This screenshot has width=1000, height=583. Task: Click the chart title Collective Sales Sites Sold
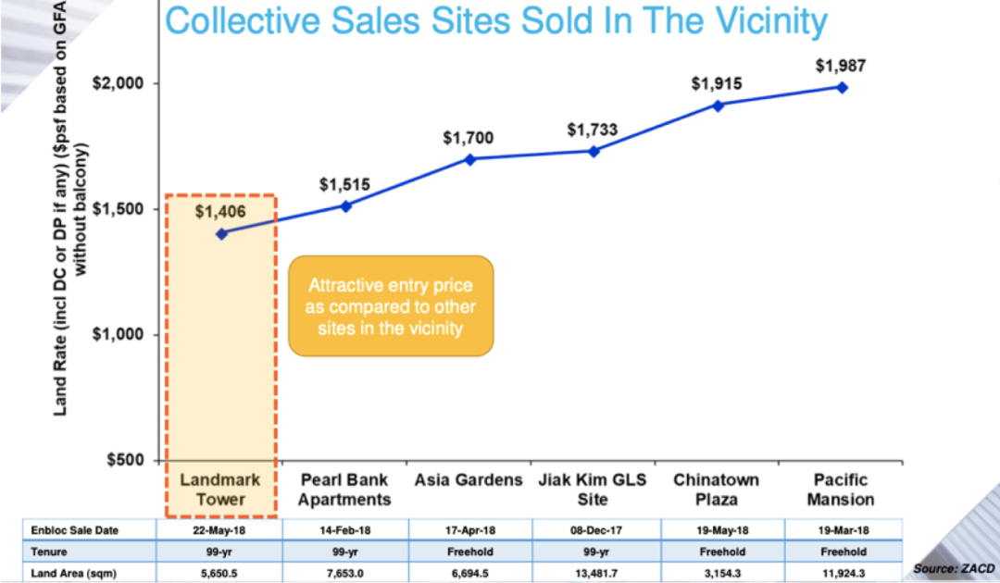[495, 21]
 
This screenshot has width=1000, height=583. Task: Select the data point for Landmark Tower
[221, 234]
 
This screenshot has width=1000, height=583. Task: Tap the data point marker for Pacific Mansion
[842, 87]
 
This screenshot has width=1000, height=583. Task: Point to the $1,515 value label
[344, 184]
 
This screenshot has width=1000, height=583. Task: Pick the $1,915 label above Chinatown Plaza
[717, 83]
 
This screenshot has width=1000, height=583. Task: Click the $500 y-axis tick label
[125, 460]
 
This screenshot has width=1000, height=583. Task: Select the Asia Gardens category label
[469, 480]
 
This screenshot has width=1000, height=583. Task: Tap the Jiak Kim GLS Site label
[593, 490]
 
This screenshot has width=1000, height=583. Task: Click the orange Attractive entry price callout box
[391, 306]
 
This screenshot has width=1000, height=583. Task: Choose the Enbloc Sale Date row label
[75, 530]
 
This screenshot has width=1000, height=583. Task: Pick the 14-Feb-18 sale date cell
[345, 530]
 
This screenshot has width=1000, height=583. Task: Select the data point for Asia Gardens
[469, 158]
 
